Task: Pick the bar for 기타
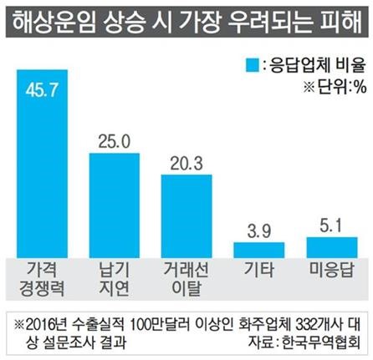click(258, 249)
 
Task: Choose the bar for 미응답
click(330, 246)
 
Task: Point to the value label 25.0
click(114, 142)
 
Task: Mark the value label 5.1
click(330, 225)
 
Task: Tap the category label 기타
click(258, 271)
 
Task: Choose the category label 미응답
click(330, 271)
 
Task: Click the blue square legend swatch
click(251, 64)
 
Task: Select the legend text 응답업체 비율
click(315, 64)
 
